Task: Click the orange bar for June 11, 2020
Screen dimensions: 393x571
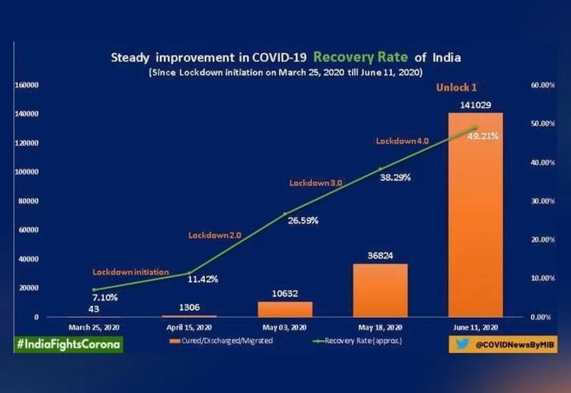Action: [475, 214]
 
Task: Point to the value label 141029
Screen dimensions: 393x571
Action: [475, 105]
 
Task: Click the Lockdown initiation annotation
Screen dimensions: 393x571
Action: [131, 272]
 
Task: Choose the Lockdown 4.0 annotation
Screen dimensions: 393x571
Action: [402, 141]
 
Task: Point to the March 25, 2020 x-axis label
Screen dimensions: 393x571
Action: [95, 328]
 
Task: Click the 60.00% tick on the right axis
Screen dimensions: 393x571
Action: [543, 85]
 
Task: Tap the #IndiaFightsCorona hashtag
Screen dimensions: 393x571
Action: [69, 344]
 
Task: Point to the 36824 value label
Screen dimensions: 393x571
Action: [380, 255]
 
